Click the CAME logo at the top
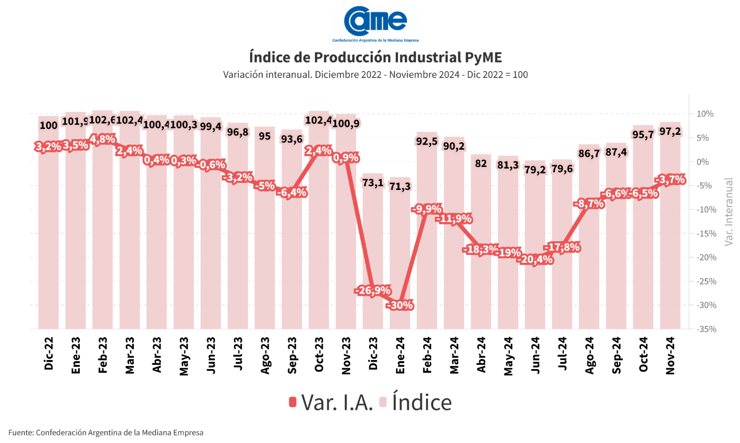click(x=375, y=24)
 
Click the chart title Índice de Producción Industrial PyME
click(x=375, y=57)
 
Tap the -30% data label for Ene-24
click(x=400, y=305)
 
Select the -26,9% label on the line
click(x=372, y=291)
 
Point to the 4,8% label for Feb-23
click(x=102, y=140)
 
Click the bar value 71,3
click(x=400, y=186)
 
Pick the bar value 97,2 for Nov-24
click(x=670, y=132)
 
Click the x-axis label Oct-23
click(x=319, y=354)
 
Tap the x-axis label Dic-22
click(x=49, y=354)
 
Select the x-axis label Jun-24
click(x=535, y=354)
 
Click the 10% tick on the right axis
click(x=706, y=114)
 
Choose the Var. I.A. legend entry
click(x=331, y=402)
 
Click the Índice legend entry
click(x=416, y=402)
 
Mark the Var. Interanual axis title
click(x=728, y=212)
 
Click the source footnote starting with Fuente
click(x=106, y=432)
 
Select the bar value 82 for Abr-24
click(x=481, y=163)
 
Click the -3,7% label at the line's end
click(x=670, y=180)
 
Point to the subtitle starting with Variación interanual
click(x=375, y=75)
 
